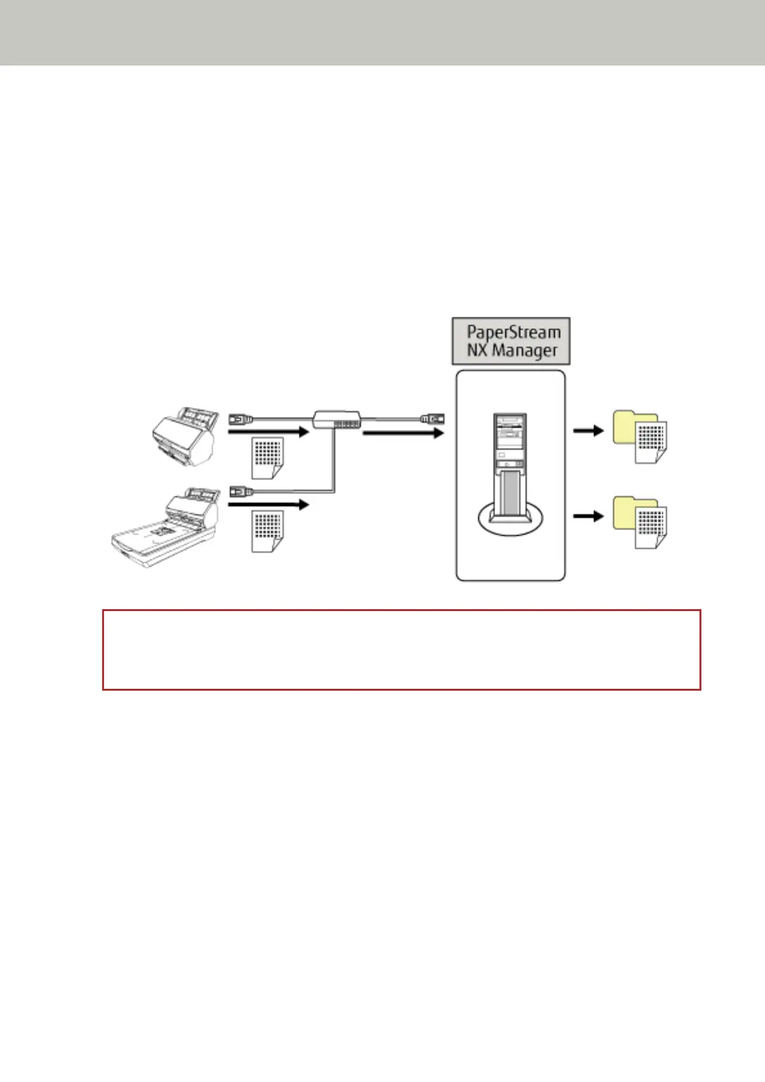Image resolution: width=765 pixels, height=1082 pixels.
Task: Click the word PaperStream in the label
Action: [513, 332]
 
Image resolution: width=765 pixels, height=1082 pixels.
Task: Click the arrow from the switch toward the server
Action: [403, 434]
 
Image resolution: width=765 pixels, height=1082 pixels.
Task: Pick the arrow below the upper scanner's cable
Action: [269, 432]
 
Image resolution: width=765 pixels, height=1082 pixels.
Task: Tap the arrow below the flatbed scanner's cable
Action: [269, 505]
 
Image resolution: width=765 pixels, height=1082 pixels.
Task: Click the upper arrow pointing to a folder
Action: [588, 430]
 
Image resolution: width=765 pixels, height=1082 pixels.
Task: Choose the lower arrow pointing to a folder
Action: [588, 515]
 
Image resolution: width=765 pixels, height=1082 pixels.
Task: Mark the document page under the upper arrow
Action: [267, 457]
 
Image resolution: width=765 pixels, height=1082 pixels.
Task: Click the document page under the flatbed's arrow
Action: [267, 531]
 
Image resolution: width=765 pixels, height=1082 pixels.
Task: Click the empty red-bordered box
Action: [401, 650]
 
